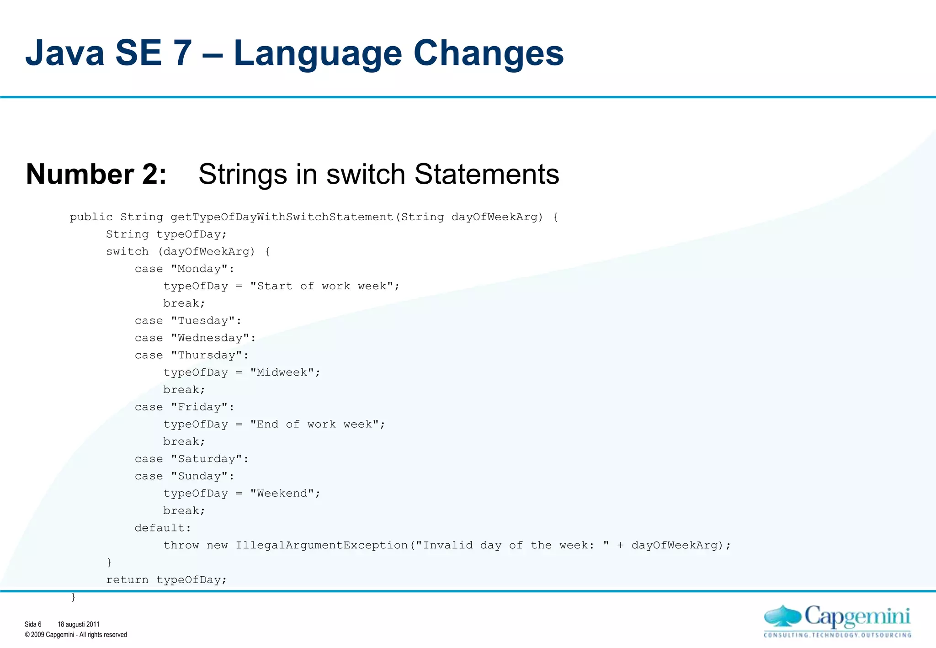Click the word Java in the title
click(64, 53)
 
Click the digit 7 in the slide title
click(182, 53)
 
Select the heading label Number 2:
click(96, 174)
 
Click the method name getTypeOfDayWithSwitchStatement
click(282, 217)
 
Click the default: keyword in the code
click(163, 528)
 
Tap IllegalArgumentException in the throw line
click(322, 546)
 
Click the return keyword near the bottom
click(127, 580)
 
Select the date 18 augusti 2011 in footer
click(78, 624)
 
